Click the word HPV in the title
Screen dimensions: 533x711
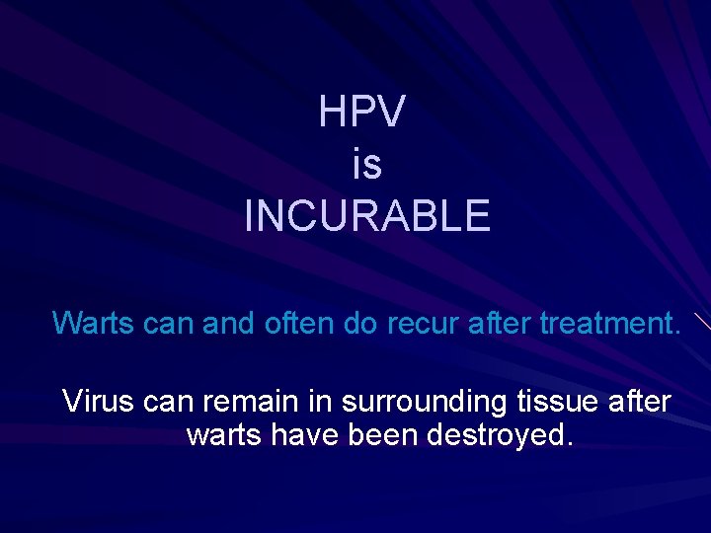coord(361,113)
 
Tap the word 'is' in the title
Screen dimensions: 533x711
coord(365,164)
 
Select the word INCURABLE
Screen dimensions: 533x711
coord(366,215)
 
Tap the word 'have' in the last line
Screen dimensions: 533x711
coord(306,435)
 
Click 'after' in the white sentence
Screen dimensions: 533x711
coord(640,402)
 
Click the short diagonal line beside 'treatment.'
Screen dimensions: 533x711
coord(700,321)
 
